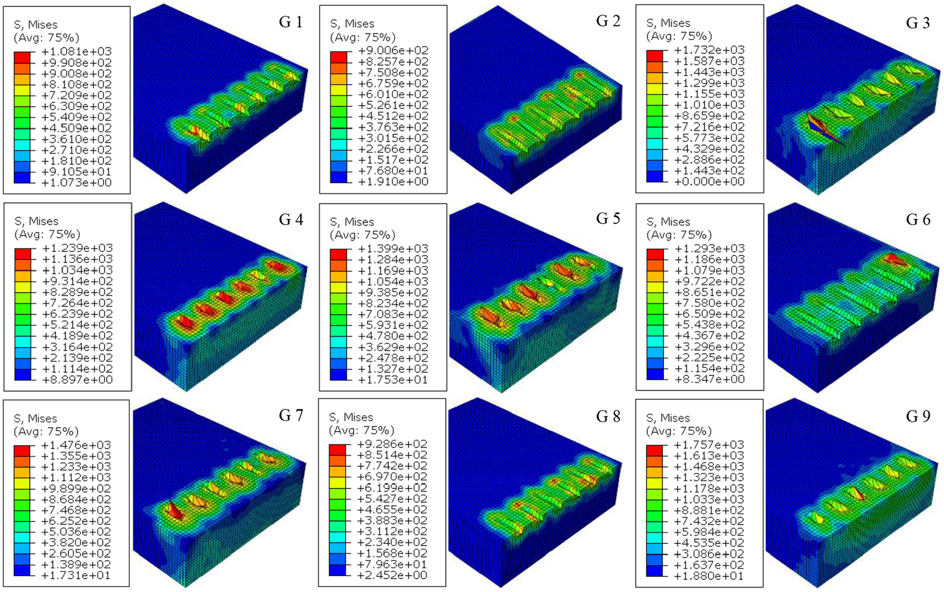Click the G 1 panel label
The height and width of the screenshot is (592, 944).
tap(291, 22)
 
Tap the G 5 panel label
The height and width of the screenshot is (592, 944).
tap(608, 219)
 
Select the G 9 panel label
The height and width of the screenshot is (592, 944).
tap(918, 417)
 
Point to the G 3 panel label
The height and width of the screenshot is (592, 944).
tap(918, 23)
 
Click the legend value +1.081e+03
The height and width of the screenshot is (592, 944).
tap(77, 52)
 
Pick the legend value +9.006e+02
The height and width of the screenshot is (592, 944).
tap(393, 51)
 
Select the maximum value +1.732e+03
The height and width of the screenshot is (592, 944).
tap(710, 50)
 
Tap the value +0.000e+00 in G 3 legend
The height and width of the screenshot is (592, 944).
tap(710, 181)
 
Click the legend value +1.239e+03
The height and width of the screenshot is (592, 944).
tap(78, 248)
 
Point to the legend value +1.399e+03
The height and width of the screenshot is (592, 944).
tap(393, 249)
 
